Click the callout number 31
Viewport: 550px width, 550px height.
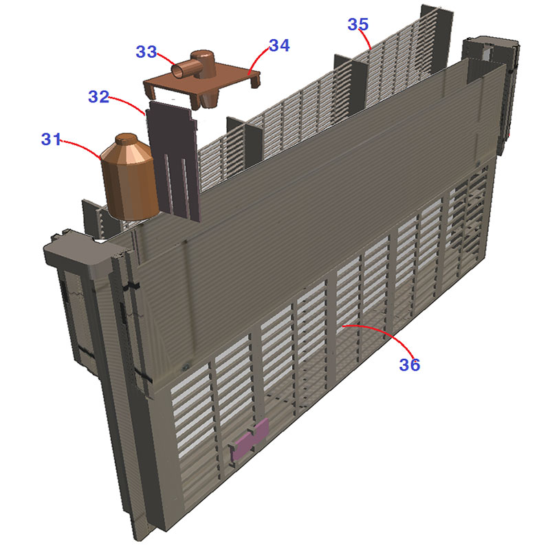point(51,140)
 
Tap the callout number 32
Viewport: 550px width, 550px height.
point(98,96)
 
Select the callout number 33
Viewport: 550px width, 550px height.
point(146,52)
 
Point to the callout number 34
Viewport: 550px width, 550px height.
point(280,45)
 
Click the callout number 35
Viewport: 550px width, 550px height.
point(358,24)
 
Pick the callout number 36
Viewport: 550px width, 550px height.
point(409,365)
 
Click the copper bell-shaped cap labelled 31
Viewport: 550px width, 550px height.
point(129,177)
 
